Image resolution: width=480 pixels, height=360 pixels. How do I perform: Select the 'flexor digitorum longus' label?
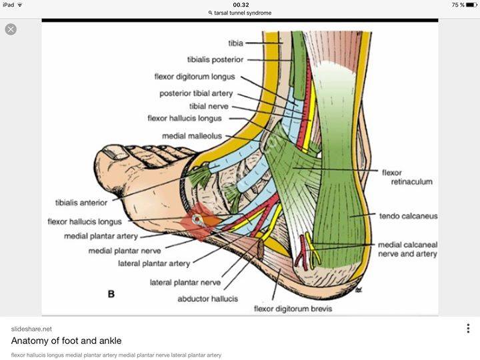click(x=194, y=77)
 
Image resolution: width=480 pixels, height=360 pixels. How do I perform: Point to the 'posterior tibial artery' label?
click(x=196, y=94)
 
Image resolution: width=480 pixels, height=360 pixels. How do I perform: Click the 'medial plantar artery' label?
click(x=101, y=236)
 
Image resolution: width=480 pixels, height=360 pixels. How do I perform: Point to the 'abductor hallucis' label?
click(x=207, y=299)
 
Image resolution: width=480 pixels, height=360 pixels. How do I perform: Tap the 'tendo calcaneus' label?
click(x=408, y=217)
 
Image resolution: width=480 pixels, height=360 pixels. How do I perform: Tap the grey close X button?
click(x=11, y=29)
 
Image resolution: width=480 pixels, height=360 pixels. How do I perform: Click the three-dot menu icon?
click(x=468, y=329)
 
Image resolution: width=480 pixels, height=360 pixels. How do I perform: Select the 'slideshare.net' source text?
click(x=31, y=329)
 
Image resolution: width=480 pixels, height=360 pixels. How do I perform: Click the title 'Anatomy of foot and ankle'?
click(x=57, y=341)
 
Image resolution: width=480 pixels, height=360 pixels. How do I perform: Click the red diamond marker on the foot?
click(x=198, y=221)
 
